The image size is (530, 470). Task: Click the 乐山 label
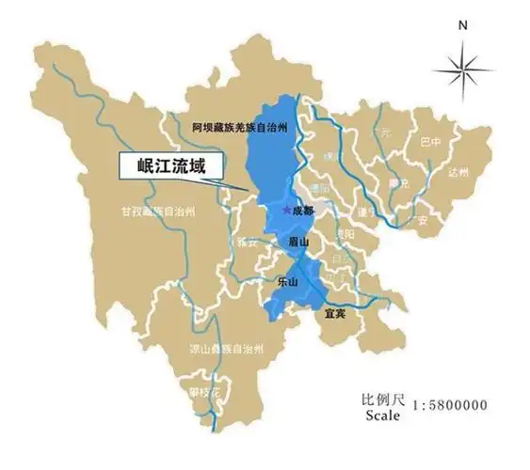(x=288, y=281)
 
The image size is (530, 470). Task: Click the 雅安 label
(x=247, y=242)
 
